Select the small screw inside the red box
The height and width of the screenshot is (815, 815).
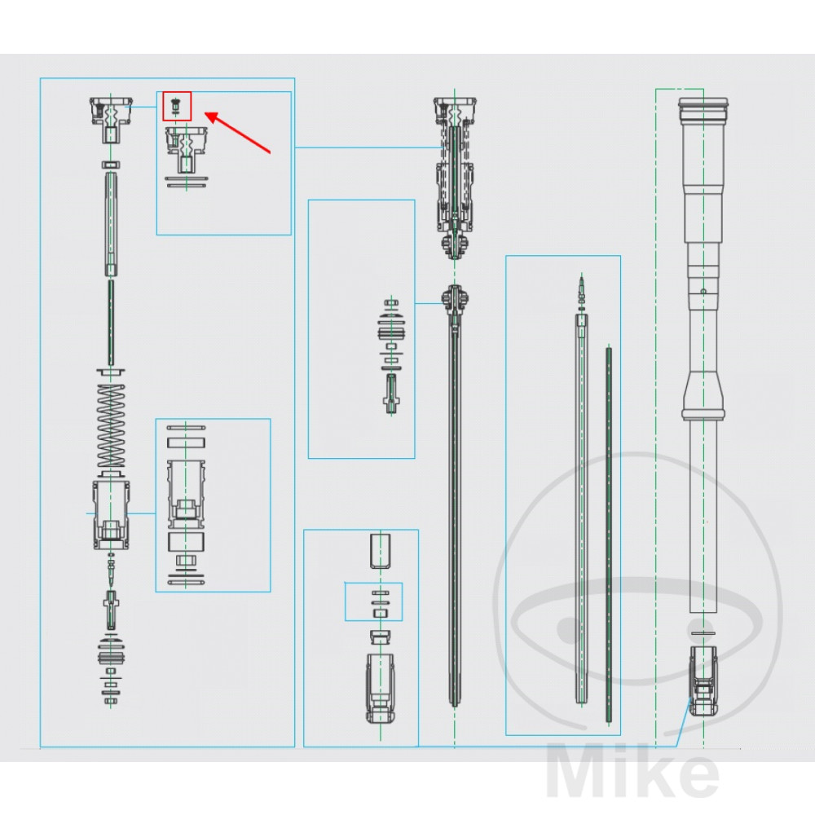(175, 106)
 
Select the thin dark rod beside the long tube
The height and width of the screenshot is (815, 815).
(608, 530)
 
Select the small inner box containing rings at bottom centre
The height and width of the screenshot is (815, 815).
(374, 601)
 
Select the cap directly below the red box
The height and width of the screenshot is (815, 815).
(187, 145)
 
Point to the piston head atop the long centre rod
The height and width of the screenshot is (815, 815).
(454, 299)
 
